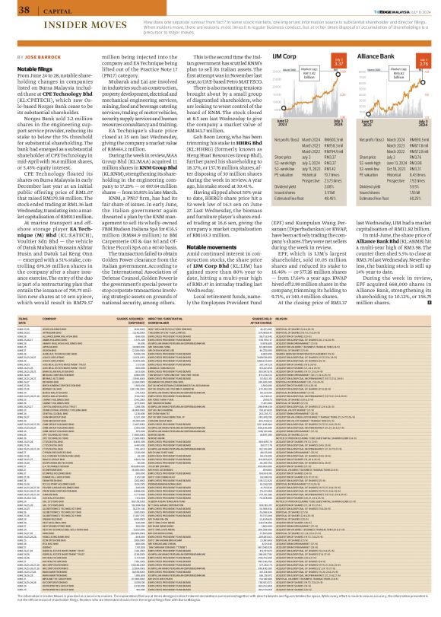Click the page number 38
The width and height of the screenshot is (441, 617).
pyautogui.click(x=13, y=10)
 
